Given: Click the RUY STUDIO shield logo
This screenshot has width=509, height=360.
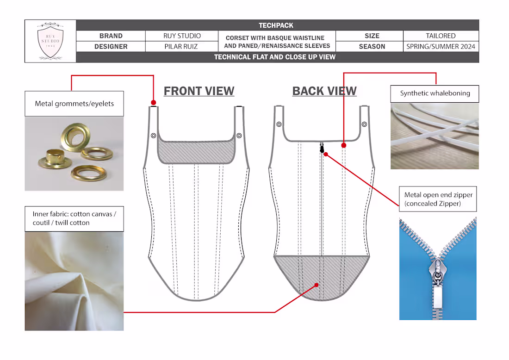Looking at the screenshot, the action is [x=50, y=41].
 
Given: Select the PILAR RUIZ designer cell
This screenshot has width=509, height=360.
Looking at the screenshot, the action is [x=181, y=46].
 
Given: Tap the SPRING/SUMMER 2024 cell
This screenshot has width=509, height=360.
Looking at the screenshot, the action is [x=441, y=46].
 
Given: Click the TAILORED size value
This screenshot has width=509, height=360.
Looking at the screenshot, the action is [x=441, y=36].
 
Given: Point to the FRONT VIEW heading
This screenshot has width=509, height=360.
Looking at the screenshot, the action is [x=199, y=91].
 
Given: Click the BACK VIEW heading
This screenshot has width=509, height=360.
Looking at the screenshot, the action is [x=324, y=91].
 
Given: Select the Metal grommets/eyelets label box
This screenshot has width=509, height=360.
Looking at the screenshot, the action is [x=74, y=104].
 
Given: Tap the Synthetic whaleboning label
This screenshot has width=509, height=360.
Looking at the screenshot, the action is [x=435, y=93].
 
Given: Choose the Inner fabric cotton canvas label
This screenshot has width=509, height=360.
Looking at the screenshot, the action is [x=74, y=218].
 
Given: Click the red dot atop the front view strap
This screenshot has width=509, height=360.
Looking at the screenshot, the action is [x=154, y=103].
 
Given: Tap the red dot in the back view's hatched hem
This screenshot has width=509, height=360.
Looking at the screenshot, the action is [x=317, y=285].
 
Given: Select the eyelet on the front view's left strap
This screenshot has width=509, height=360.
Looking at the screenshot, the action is [x=154, y=136].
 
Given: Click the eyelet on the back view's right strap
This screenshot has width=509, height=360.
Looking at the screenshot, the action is [x=364, y=124].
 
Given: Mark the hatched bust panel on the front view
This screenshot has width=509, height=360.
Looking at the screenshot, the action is [x=196, y=152].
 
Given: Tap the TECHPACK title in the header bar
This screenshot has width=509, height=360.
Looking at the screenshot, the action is [x=276, y=25].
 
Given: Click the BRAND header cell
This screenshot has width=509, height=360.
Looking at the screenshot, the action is [x=111, y=36].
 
